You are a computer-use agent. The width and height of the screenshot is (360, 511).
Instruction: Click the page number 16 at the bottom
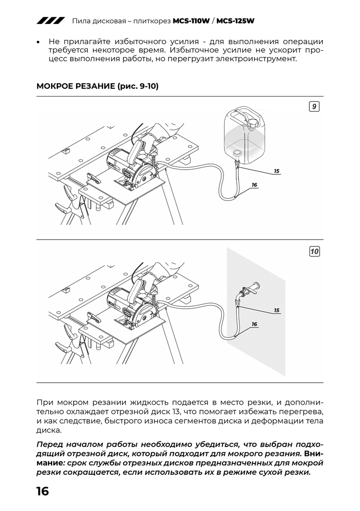(x=42, y=492)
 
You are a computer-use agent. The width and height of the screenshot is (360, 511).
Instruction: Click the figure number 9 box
(x=314, y=106)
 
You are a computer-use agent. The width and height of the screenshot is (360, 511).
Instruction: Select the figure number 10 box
(x=314, y=251)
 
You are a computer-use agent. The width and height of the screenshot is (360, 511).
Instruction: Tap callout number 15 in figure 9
(x=277, y=171)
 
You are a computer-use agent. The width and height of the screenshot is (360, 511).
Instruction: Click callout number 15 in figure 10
(x=277, y=310)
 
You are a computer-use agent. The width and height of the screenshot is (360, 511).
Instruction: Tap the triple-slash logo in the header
(x=50, y=21)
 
